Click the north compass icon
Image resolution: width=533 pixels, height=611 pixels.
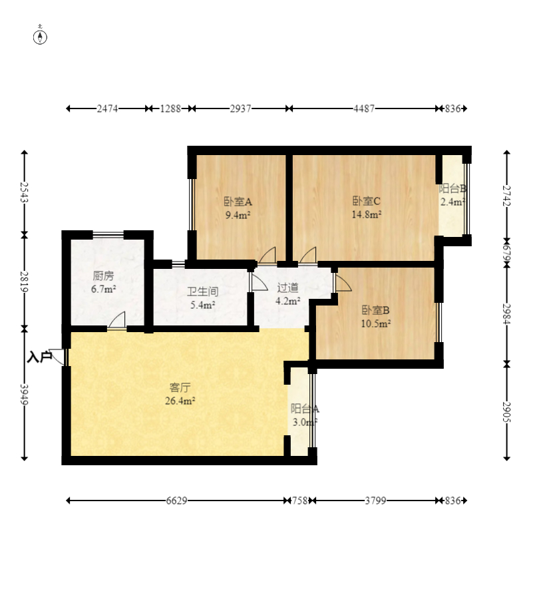(x=40, y=35)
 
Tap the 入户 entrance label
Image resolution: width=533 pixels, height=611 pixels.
(x=39, y=357)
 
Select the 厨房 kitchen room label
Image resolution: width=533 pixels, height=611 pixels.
(x=103, y=276)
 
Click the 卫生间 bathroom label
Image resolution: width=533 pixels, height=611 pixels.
(x=202, y=292)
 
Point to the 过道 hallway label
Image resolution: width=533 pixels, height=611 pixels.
(x=287, y=288)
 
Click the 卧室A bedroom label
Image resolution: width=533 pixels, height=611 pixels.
(x=238, y=202)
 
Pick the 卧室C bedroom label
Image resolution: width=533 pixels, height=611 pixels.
(x=366, y=201)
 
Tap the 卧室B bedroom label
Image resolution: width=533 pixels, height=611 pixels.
(x=375, y=310)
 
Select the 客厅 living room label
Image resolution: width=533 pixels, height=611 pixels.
(x=180, y=388)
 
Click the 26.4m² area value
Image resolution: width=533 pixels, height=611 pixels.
(x=180, y=401)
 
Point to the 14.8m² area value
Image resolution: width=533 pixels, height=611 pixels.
(x=366, y=214)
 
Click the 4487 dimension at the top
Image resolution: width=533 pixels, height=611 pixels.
(x=364, y=108)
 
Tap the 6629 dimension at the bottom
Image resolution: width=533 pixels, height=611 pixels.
(x=176, y=501)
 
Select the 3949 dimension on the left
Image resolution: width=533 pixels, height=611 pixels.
(x=24, y=394)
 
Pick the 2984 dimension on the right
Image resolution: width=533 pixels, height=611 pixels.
(x=506, y=313)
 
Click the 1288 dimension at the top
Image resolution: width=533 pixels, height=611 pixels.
(x=170, y=108)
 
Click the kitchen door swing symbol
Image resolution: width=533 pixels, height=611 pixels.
(x=117, y=320)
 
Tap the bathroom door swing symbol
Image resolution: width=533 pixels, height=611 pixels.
(x=259, y=282)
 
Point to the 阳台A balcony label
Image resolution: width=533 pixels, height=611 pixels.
(x=305, y=409)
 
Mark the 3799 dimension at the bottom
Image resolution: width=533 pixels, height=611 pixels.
(x=375, y=501)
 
